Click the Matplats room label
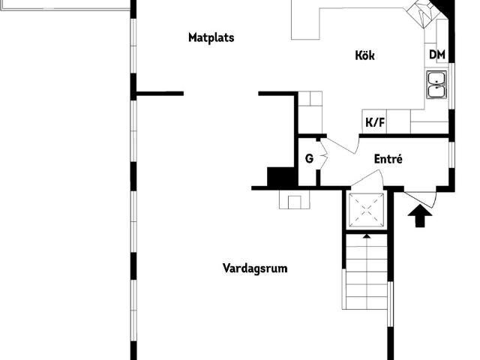211,37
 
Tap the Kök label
365,55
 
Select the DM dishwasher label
437,55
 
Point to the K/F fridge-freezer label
375,122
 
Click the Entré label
388,159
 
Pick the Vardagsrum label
255,268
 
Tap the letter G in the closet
309,158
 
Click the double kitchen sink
436,85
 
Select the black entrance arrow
420,216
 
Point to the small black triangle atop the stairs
367,235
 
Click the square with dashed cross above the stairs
367,210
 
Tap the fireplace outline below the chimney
295,200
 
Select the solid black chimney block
282,176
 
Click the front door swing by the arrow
420,198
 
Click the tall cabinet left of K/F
310,112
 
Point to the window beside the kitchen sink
451,86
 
